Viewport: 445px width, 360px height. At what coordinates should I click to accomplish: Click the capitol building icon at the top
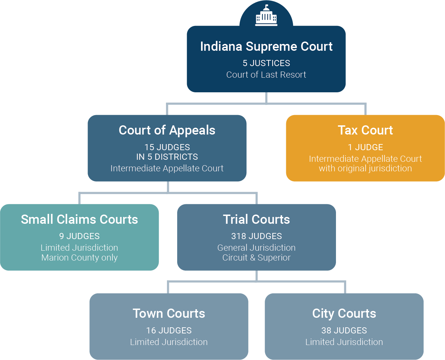(x=266, y=16)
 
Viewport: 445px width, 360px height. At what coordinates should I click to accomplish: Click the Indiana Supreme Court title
(x=266, y=46)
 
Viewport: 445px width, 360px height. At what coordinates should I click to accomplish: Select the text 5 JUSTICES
(x=266, y=63)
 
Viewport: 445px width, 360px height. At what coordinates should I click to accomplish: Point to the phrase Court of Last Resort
(x=266, y=75)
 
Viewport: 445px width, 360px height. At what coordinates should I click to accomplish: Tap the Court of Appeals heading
(x=167, y=130)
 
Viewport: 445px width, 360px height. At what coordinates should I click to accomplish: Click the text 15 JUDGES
(x=167, y=147)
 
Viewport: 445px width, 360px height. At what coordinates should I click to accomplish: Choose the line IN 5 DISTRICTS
(x=167, y=157)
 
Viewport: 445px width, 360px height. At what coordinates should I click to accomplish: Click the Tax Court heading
(x=365, y=130)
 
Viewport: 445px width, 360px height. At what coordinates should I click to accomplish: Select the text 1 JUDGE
(x=365, y=147)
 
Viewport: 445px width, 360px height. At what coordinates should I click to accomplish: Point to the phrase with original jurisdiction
(x=365, y=168)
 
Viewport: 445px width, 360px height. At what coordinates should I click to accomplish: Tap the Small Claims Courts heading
(x=79, y=219)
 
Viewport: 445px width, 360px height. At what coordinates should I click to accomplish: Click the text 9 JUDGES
(x=79, y=236)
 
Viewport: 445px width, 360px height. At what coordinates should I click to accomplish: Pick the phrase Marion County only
(x=79, y=257)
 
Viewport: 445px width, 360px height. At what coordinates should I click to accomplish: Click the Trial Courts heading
(x=256, y=219)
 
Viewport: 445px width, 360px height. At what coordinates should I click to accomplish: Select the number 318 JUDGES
(x=256, y=236)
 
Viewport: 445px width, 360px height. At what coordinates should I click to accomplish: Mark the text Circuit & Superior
(x=256, y=257)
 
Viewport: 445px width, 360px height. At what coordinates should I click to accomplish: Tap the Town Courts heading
(x=169, y=313)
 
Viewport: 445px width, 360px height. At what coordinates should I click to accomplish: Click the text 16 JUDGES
(x=169, y=330)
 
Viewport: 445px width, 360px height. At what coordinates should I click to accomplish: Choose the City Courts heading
(x=344, y=313)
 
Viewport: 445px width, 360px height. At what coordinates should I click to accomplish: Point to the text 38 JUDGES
(x=344, y=330)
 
